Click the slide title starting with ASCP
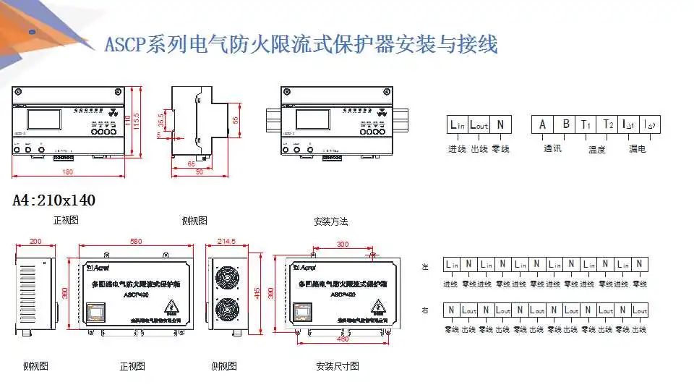(301, 45)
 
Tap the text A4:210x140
(54, 200)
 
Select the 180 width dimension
(69, 172)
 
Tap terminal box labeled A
(543, 124)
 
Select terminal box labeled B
(566, 124)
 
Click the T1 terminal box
(586, 124)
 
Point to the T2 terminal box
(608, 124)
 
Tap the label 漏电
(637, 148)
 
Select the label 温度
(596, 149)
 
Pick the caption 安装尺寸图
(337, 366)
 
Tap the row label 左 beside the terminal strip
(425, 267)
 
